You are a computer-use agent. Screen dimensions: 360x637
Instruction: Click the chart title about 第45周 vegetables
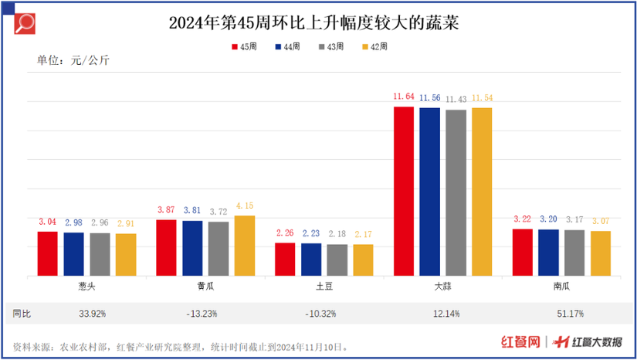[318, 22]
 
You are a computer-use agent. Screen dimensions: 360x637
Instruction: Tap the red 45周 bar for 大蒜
[404, 191]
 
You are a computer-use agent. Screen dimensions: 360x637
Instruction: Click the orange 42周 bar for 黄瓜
[244, 245]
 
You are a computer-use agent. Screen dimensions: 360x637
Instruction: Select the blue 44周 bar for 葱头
[73, 254]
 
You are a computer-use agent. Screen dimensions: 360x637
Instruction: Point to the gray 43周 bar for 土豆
[337, 260]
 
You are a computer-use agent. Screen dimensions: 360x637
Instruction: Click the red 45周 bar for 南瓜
[523, 252]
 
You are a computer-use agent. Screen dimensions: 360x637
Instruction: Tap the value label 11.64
[404, 97]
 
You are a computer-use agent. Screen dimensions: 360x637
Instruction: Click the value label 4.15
[244, 205]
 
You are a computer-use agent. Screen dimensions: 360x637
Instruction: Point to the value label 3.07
[601, 222]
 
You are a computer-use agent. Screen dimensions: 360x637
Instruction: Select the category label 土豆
[324, 285]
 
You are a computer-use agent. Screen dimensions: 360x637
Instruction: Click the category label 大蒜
[442, 285]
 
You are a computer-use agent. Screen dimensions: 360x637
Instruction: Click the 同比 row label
[22, 314]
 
